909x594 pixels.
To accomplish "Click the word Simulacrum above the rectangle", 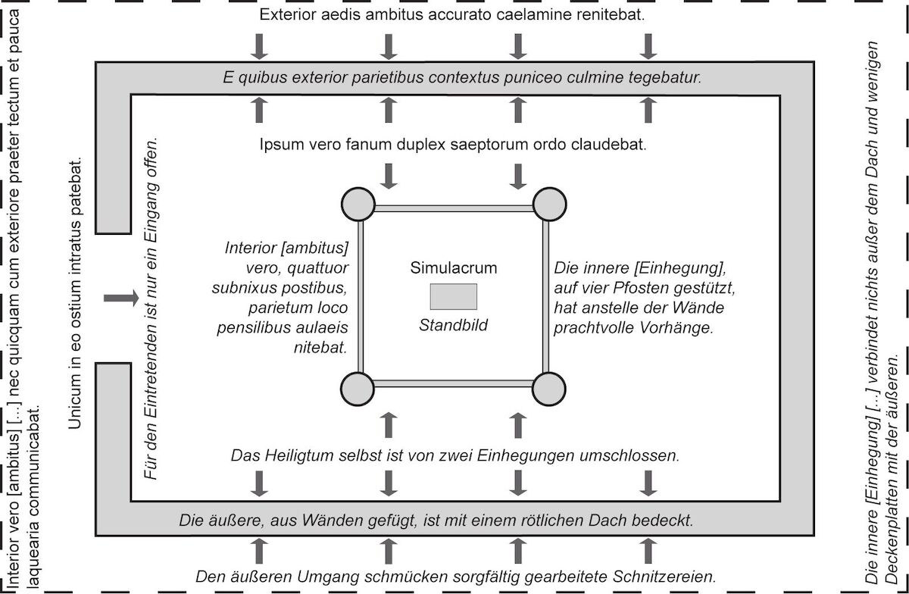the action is (453, 268).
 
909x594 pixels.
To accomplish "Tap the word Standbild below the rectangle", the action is (453, 325).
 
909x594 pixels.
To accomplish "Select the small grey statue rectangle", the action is (453, 296).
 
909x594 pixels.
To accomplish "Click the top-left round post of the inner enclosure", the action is (358, 205).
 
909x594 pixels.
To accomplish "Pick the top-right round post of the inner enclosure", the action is (549, 205).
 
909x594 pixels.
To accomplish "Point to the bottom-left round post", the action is (358, 389).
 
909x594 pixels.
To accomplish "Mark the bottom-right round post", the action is (548, 389).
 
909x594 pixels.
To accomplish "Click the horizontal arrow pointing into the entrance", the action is (121, 299).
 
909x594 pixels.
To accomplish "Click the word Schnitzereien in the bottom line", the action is (664, 577).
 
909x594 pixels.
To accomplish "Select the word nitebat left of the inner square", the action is (320, 348).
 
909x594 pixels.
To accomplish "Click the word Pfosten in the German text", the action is (638, 288).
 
